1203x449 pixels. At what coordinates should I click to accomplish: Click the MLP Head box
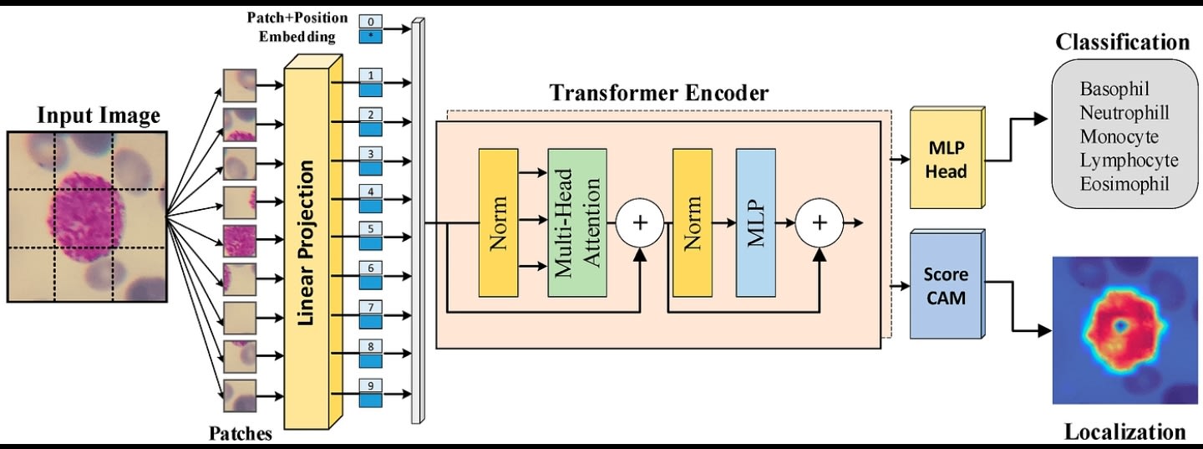tap(946, 159)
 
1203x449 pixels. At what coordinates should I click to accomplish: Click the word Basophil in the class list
tap(1114, 89)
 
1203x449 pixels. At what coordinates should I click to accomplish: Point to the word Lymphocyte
tap(1128, 160)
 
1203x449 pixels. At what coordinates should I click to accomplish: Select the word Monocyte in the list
tap(1119, 136)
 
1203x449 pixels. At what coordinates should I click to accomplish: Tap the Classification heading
tap(1121, 42)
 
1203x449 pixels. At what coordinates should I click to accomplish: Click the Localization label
tap(1124, 431)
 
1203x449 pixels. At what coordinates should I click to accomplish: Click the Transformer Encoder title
tap(658, 93)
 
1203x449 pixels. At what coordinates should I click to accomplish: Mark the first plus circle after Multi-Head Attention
tap(640, 222)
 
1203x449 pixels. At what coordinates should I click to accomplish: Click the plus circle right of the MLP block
tap(820, 222)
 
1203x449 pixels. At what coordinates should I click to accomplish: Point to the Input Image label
tap(99, 115)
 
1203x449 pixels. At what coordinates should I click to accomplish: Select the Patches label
tap(240, 433)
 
